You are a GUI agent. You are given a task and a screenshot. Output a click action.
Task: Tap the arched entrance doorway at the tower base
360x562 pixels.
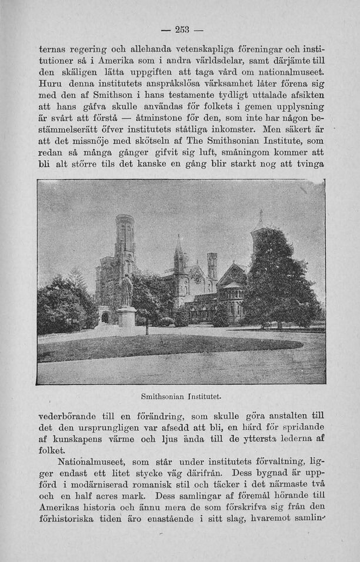coord(105,317)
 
